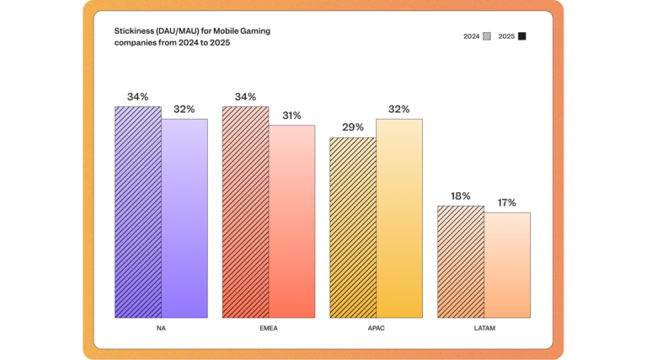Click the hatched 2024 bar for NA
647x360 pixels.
137,212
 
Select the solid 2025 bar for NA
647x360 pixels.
184,218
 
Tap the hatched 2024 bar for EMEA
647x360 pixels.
245,212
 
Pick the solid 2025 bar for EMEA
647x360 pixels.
291,222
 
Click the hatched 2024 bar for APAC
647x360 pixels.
352,228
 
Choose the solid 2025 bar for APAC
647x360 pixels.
399,218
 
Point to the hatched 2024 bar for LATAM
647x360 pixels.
460,262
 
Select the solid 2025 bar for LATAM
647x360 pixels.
507,266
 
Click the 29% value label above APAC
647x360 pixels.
353,127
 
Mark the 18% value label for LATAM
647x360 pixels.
460,196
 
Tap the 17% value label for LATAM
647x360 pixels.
507,202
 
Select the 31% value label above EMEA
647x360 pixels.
291,115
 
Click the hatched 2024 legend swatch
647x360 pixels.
487,36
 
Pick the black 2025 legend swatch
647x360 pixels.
522,36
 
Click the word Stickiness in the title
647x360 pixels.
134,30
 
